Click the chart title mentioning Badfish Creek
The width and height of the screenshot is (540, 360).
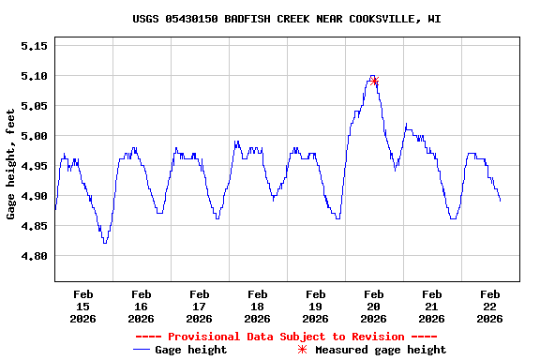point(287,19)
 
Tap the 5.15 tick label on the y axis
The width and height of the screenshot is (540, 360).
point(34,46)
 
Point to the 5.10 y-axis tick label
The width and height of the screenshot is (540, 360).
point(34,76)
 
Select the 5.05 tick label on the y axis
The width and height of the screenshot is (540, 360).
point(34,106)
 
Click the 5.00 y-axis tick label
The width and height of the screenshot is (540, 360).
point(34,136)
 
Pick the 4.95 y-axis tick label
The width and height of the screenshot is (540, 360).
point(34,166)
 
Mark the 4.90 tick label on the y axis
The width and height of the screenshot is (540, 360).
point(34,196)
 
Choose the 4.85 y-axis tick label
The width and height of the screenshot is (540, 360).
point(34,226)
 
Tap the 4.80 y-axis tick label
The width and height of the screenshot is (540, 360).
point(34,256)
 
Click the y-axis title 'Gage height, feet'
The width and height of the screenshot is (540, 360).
point(11,164)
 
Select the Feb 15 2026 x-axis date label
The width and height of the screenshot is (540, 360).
point(83,306)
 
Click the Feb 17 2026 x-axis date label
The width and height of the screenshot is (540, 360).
point(200,306)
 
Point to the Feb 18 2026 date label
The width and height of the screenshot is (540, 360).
point(258,306)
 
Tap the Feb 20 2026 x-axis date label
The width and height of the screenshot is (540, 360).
point(374,306)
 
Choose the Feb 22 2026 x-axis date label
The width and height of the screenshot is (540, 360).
point(490,306)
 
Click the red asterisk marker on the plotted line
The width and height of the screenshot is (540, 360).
point(375,81)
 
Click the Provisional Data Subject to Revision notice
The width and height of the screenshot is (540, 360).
point(287,337)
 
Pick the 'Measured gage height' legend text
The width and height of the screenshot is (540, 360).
point(381,350)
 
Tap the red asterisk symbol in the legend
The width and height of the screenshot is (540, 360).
point(302,350)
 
